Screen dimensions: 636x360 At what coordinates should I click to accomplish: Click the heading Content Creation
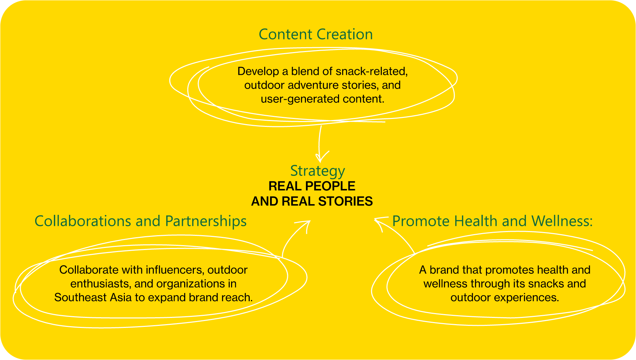coord(316,34)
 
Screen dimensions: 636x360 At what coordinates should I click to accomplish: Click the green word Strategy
coord(318,171)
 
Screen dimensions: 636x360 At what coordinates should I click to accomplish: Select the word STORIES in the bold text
coord(345,201)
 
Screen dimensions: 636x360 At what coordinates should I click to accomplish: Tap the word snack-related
coord(371,71)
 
